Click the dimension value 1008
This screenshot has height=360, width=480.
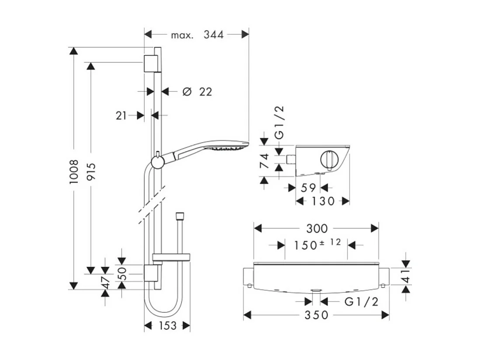(74, 171)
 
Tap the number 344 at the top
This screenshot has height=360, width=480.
(213, 35)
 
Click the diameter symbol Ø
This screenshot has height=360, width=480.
(187, 91)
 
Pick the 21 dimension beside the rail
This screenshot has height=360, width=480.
(122, 115)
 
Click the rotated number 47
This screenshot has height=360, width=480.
(105, 283)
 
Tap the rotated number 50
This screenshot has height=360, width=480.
(122, 273)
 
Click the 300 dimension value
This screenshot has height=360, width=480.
(317, 228)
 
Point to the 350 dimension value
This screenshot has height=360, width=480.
(317, 315)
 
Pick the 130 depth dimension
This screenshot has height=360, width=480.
(323, 201)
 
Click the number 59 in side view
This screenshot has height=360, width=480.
(309, 188)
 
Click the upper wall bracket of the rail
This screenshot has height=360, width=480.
(150, 63)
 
